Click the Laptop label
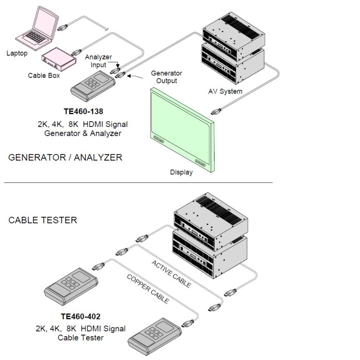pyautogui.click(x=17, y=53)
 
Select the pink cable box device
pyautogui.click(x=59, y=59)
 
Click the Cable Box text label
pyautogui.click(x=44, y=76)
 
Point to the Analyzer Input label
pyautogui.click(x=98, y=61)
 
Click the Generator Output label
pyautogui.click(x=166, y=77)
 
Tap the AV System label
pyautogui.click(x=225, y=91)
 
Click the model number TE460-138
pyautogui.click(x=83, y=111)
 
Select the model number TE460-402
pyautogui.click(x=81, y=316)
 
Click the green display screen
pyautogui.click(x=182, y=130)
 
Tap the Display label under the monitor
pyautogui.click(x=181, y=172)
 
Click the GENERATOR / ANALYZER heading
pyautogui.click(x=65, y=157)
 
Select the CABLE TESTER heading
pyautogui.click(x=43, y=220)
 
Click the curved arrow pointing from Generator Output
pyautogui.click(x=135, y=76)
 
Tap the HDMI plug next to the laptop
pyautogui.click(x=62, y=28)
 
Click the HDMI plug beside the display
pyautogui.click(x=216, y=112)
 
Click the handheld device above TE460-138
pyautogui.click(x=93, y=86)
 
